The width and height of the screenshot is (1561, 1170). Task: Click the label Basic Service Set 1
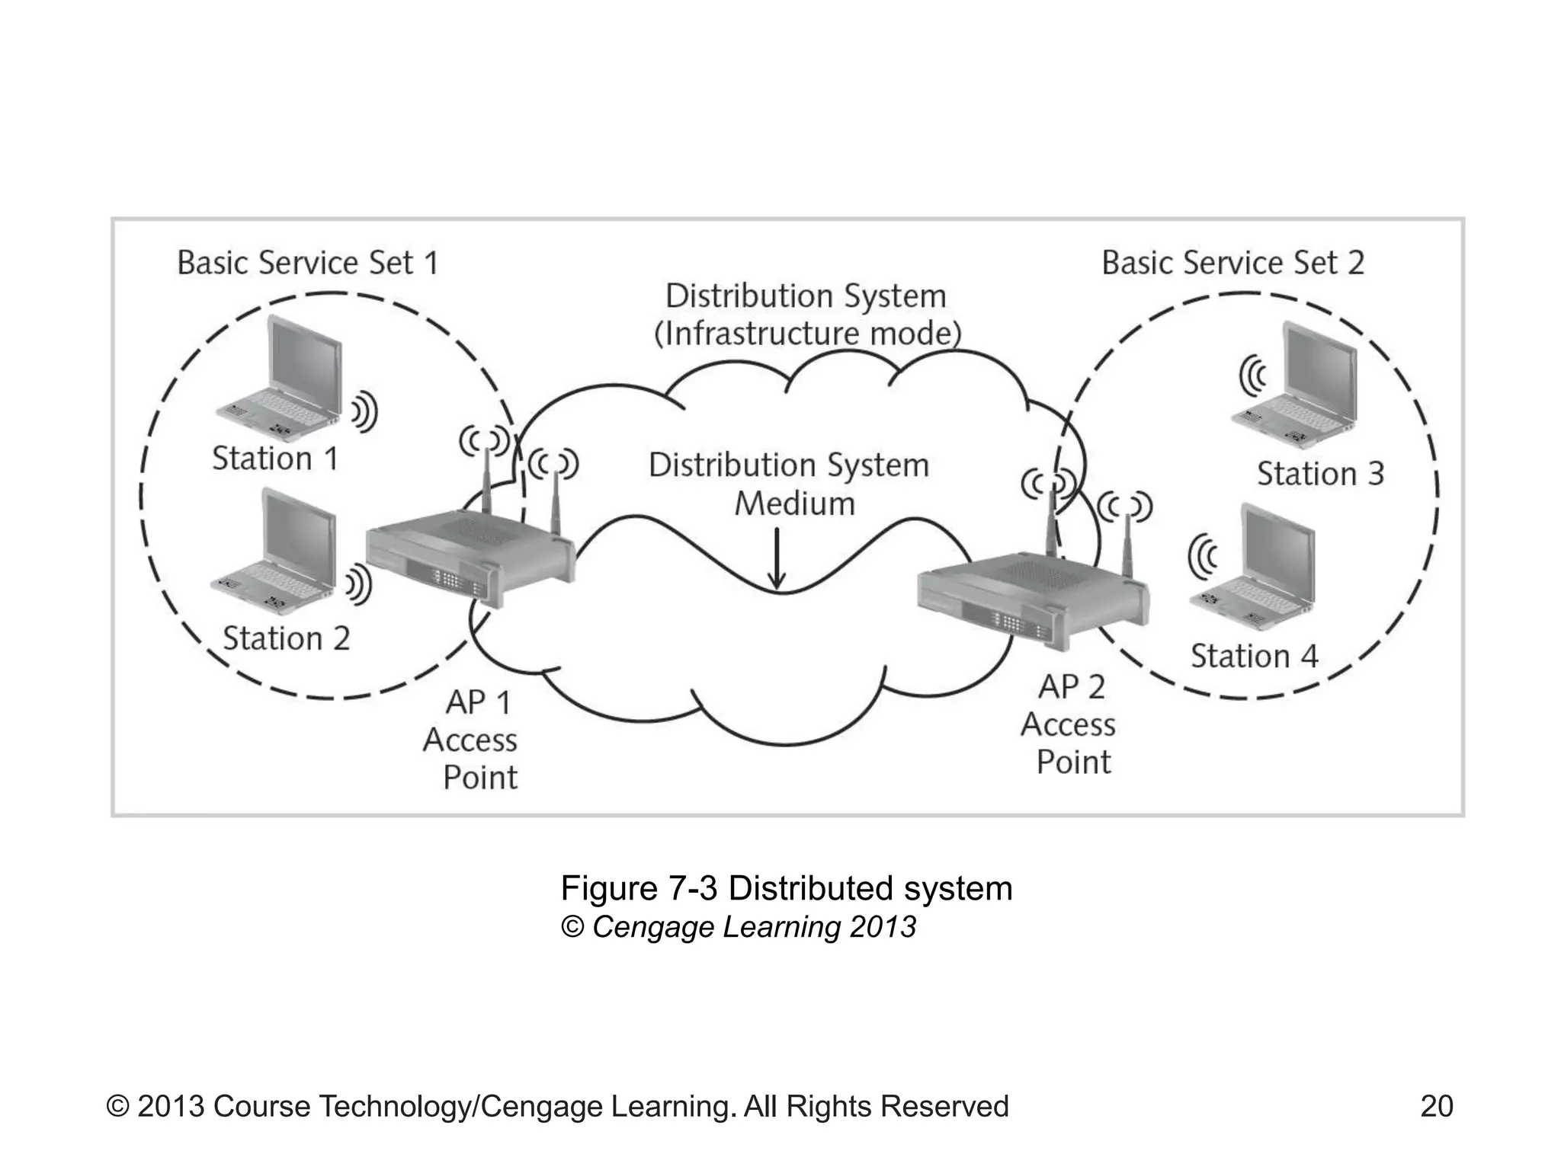click(x=308, y=263)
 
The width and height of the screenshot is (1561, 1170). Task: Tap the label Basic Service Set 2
click(x=1232, y=263)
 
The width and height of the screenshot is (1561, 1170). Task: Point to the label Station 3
click(x=1320, y=474)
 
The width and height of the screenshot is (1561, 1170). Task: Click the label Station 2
click(x=286, y=638)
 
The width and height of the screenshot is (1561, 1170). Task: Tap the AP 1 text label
click(x=478, y=702)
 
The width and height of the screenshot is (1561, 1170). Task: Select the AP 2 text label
click(x=1071, y=687)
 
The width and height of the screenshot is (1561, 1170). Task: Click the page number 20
click(x=1437, y=1106)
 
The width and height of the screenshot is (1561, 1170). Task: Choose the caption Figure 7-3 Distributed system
click(x=786, y=888)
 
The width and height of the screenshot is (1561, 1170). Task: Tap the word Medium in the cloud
click(x=794, y=504)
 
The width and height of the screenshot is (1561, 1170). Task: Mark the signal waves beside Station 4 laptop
click(x=1204, y=555)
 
